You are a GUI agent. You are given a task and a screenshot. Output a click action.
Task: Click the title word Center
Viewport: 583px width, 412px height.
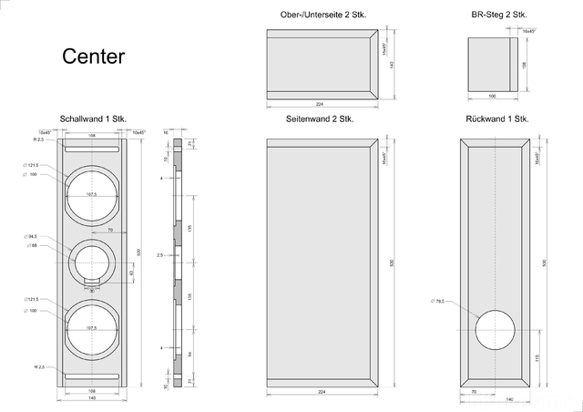(93, 57)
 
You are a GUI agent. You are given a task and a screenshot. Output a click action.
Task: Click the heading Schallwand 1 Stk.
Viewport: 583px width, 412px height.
(93, 119)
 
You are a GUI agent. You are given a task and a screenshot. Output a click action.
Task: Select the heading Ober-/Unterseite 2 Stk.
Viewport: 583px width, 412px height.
(322, 15)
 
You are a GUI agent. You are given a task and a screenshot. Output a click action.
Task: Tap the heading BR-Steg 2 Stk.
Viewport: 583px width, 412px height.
(498, 15)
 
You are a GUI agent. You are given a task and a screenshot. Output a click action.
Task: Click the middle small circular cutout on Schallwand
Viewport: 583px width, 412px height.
(94, 262)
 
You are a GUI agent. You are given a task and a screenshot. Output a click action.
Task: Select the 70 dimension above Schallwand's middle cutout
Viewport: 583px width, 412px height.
(110, 232)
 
